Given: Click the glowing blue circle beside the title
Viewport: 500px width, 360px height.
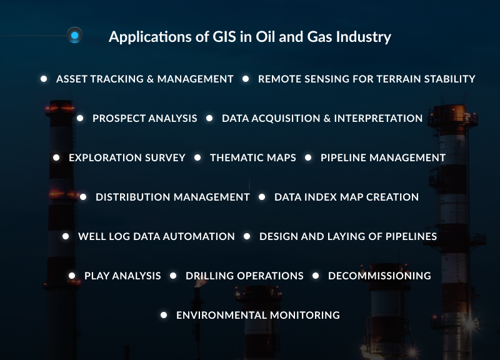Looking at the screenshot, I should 74,36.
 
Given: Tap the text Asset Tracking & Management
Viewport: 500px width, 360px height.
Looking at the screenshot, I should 144,79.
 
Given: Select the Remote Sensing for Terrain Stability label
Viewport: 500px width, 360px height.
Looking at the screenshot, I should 366,79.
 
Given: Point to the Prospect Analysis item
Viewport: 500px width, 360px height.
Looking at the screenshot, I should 144,118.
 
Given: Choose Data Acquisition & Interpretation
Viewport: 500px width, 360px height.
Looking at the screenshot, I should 322,118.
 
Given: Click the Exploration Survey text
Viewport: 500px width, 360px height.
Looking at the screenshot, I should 127,158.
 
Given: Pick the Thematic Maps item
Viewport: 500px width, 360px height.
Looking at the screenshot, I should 252,158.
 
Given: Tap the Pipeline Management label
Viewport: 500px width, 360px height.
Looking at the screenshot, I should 382,158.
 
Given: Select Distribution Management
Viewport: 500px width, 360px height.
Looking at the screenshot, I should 172,197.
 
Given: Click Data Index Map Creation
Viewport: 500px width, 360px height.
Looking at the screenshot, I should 346,197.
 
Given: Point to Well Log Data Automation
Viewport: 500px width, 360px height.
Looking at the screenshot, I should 156,237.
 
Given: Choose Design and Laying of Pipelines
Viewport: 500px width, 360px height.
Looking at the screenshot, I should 347,237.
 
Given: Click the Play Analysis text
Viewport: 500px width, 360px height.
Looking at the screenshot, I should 122,276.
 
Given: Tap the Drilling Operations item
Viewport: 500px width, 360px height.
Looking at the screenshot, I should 244,276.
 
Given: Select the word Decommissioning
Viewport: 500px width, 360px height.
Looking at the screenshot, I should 379,276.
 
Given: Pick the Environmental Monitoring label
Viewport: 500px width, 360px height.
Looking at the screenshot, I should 257,316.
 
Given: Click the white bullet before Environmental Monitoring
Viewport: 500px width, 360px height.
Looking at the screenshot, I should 164,315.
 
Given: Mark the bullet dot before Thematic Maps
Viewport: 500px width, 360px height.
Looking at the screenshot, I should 197,157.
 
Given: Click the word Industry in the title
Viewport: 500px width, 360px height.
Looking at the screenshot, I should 362,37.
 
